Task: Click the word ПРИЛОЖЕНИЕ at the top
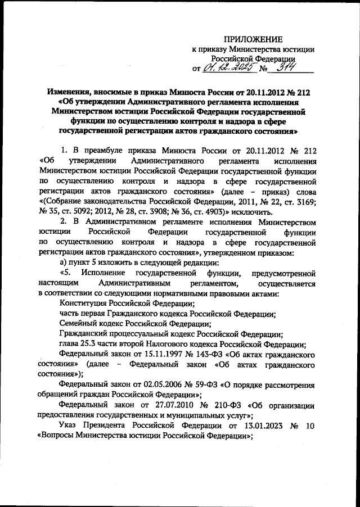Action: pos(253,39)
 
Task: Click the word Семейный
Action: pos(80,324)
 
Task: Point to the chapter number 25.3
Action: pos(91,345)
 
